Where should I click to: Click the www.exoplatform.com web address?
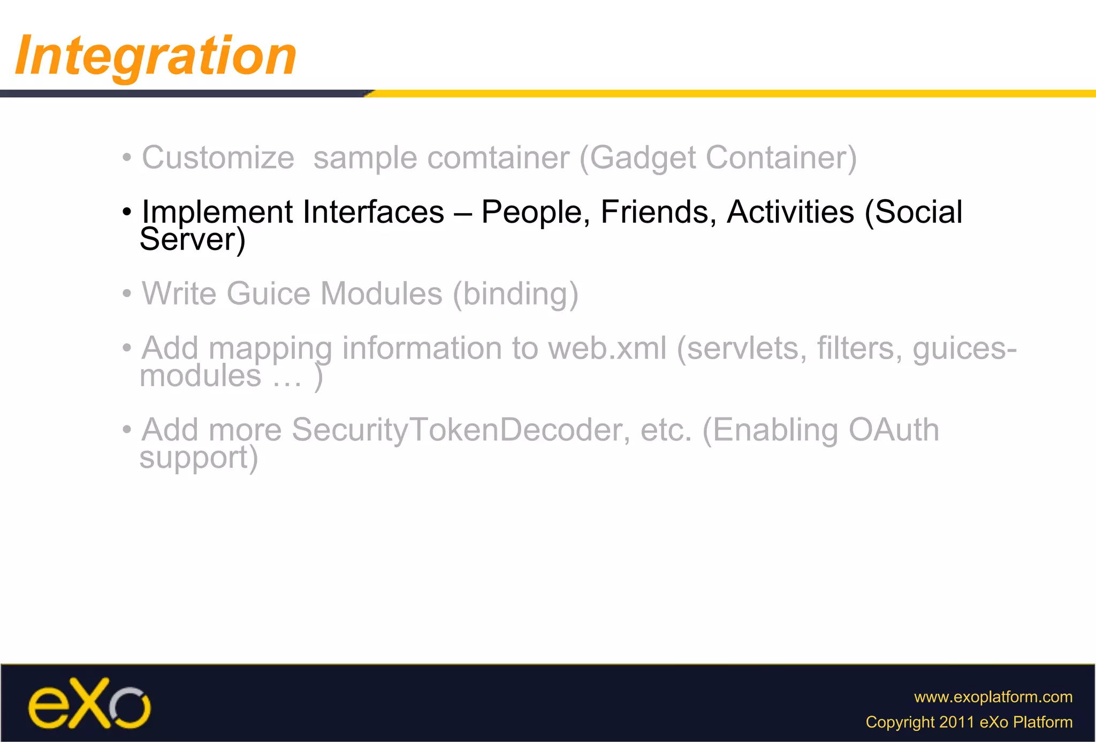[x=993, y=696]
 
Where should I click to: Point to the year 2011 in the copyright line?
[x=956, y=722]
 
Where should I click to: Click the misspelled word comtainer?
[x=498, y=158]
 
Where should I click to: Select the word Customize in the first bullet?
[x=218, y=158]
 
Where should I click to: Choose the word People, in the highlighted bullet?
[x=535, y=213]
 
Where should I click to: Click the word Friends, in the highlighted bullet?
[x=658, y=211]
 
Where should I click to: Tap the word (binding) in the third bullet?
[x=515, y=295]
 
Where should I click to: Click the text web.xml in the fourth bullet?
[x=607, y=349]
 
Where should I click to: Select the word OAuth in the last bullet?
[x=893, y=430]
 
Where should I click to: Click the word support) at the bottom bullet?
[x=199, y=458]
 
